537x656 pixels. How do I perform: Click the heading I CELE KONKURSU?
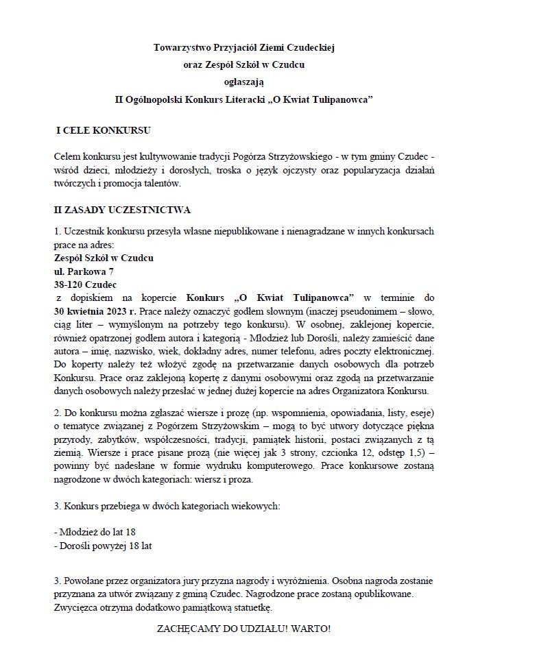click(x=103, y=130)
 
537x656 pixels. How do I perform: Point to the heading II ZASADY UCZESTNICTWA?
click(x=122, y=210)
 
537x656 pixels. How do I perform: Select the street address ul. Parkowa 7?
click(x=84, y=271)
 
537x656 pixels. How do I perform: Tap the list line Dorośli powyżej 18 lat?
click(x=103, y=546)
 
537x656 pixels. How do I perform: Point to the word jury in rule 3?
click(x=210, y=581)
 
